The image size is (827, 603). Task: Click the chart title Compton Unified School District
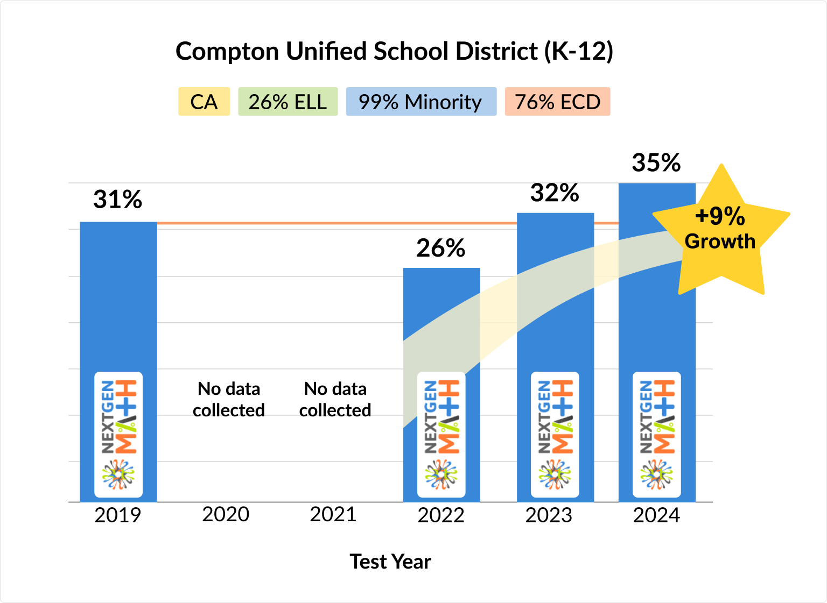394,52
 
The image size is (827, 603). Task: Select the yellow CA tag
204,102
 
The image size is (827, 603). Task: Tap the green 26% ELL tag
288,102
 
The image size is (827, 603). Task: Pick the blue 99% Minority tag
420,102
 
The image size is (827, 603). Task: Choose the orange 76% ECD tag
557,102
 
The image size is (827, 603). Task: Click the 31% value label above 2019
117,200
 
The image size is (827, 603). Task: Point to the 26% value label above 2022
440,248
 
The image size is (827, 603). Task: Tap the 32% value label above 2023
555,193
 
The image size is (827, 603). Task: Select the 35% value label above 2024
656,162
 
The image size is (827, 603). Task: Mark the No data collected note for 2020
229,399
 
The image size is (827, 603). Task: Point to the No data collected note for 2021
335,399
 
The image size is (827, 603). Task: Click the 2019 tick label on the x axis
117,515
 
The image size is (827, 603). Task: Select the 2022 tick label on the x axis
440,515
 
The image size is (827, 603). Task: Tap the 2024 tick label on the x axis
656,515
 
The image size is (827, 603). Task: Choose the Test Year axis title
390,562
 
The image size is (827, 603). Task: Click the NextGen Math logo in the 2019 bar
118,434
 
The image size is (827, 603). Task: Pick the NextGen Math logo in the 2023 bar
555,434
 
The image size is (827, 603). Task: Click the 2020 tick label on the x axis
226,514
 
